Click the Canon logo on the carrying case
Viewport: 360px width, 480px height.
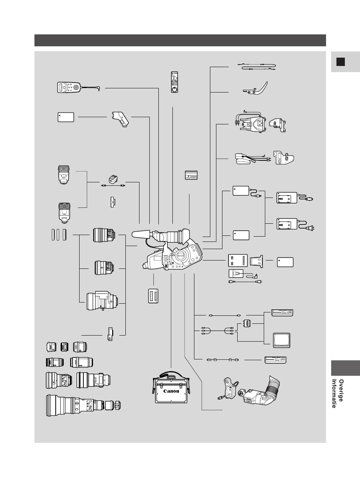(171, 391)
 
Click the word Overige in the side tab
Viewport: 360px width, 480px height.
(341, 391)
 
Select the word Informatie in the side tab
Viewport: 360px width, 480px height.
(334, 394)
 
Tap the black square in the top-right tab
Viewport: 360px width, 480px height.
(341, 62)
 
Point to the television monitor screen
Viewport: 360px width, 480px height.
(282, 340)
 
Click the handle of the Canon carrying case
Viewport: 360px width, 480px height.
(171, 377)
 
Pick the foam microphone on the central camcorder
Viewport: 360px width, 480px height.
(141, 234)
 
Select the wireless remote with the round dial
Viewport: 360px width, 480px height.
(174, 82)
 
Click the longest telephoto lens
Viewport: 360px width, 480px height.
(83, 405)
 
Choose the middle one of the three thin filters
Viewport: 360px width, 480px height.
(58, 235)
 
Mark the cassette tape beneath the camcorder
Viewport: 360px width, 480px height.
(153, 296)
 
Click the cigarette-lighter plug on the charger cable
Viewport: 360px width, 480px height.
(309, 199)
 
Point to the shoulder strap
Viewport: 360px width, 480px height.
(257, 66)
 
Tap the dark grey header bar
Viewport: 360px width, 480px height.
(180, 40)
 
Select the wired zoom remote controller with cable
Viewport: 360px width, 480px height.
(78, 87)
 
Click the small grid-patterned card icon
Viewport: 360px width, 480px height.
(191, 175)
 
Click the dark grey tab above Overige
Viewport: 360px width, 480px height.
(345, 368)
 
